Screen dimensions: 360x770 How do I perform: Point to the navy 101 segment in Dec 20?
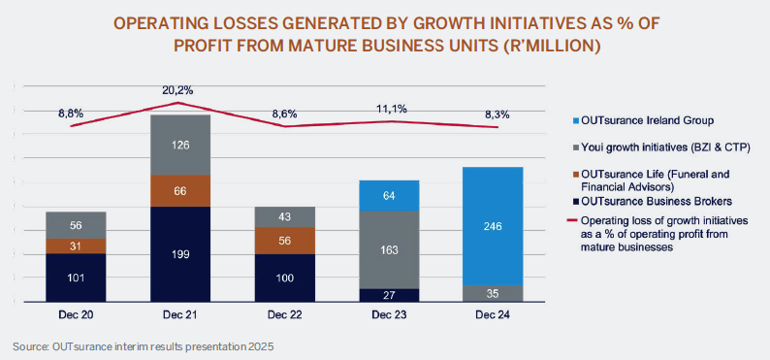[76, 278]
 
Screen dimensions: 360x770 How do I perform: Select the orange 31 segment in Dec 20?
[76, 246]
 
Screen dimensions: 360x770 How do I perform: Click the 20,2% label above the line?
[177, 90]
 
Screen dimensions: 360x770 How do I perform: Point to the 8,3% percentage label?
[496, 115]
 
